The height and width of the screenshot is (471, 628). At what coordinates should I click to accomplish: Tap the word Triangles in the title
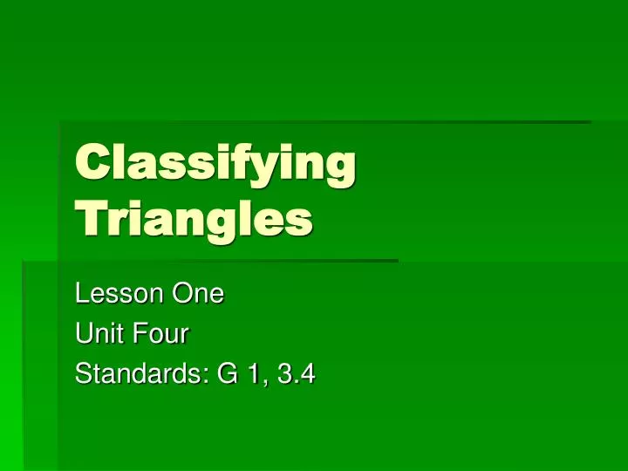click(194, 219)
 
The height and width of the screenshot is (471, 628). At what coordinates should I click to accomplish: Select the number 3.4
click(296, 376)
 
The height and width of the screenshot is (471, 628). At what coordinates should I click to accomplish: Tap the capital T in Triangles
click(88, 218)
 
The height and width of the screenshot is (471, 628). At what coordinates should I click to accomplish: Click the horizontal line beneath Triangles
click(227, 260)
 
